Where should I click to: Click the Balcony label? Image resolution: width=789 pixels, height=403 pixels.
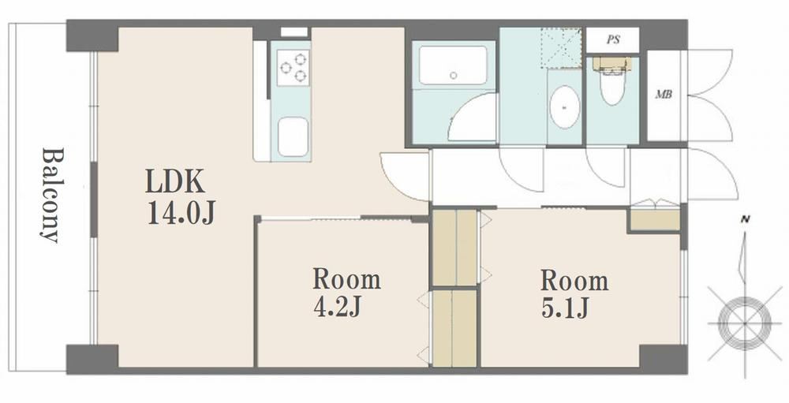click(53, 196)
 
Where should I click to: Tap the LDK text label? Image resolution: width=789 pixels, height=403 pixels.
click(175, 181)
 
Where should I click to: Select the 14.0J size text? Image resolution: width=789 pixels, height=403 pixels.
click(181, 212)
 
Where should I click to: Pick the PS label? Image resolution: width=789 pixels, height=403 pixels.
click(613, 39)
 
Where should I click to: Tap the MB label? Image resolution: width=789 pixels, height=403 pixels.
click(664, 94)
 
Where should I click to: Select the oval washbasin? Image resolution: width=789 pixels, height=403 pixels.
click(565, 106)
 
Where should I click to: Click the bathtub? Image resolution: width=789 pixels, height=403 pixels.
click(453, 65)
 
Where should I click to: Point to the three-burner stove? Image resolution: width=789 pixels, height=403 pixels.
click(294, 67)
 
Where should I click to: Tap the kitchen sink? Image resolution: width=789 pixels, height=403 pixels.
click(293, 137)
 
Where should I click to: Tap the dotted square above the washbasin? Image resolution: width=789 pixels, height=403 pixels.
click(561, 48)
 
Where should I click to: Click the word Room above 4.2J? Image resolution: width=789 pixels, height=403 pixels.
click(346, 279)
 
